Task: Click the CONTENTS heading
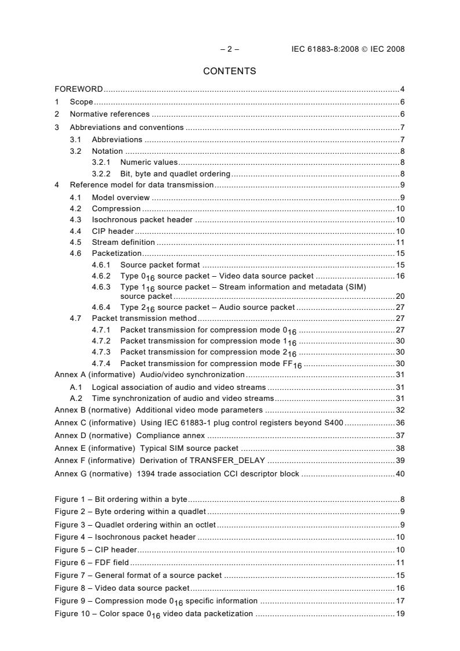click(x=230, y=71)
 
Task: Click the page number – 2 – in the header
click(x=230, y=49)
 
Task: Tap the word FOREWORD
click(x=79, y=89)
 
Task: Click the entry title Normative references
click(x=110, y=114)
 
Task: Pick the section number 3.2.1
click(x=102, y=162)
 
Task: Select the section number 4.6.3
click(x=102, y=287)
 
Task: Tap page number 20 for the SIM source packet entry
click(x=400, y=296)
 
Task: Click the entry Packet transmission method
click(x=144, y=319)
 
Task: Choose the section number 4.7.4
click(x=102, y=364)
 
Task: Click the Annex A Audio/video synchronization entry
click(x=149, y=375)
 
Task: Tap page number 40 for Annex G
click(x=400, y=474)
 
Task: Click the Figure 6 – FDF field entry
click(x=92, y=563)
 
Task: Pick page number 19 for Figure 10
click(x=400, y=614)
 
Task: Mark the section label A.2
click(x=76, y=398)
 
